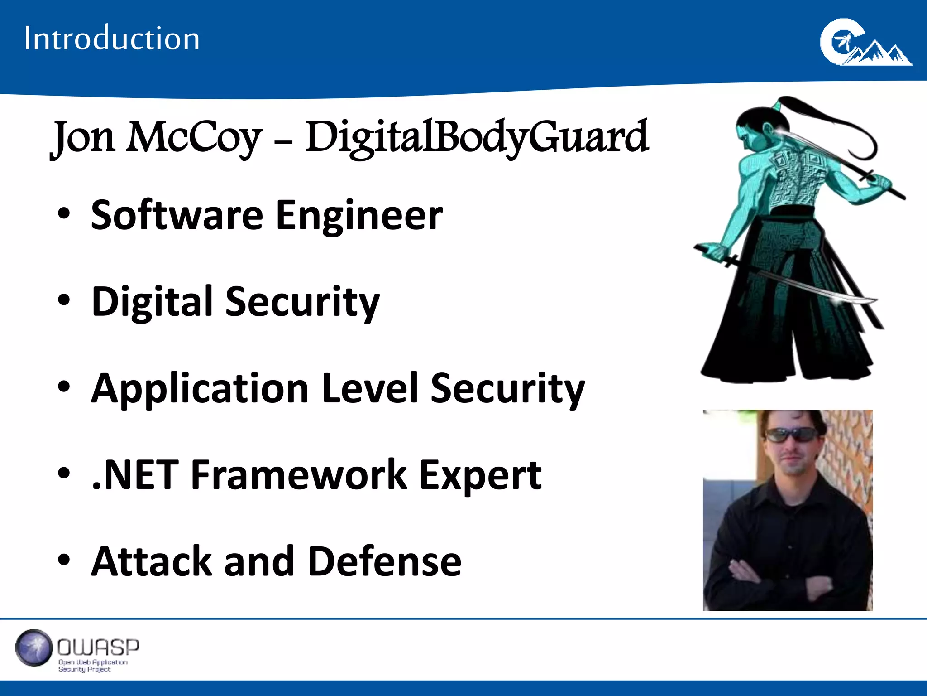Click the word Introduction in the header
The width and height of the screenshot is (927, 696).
point(112,38)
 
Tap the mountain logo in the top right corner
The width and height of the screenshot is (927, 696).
point(865,43)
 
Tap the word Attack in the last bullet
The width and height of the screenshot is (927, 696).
point(152,561)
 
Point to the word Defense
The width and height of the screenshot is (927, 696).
point(385,561)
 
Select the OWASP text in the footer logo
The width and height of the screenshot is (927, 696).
point(98,648)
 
